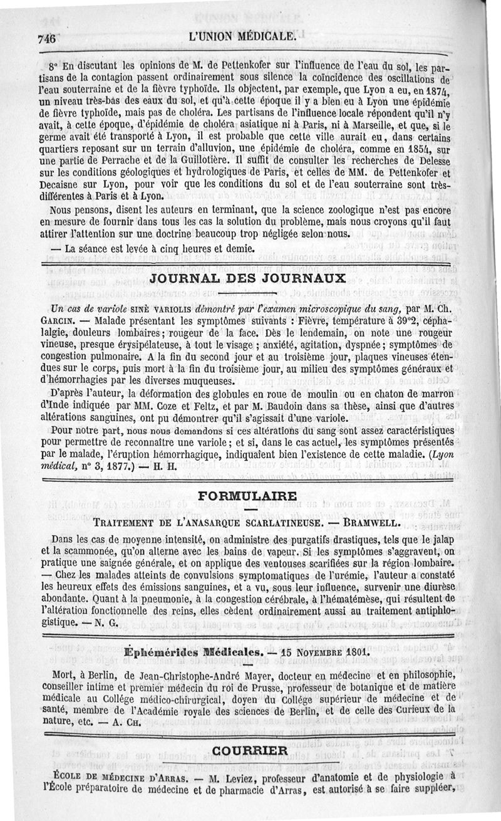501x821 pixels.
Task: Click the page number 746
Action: tap(47, 37)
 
